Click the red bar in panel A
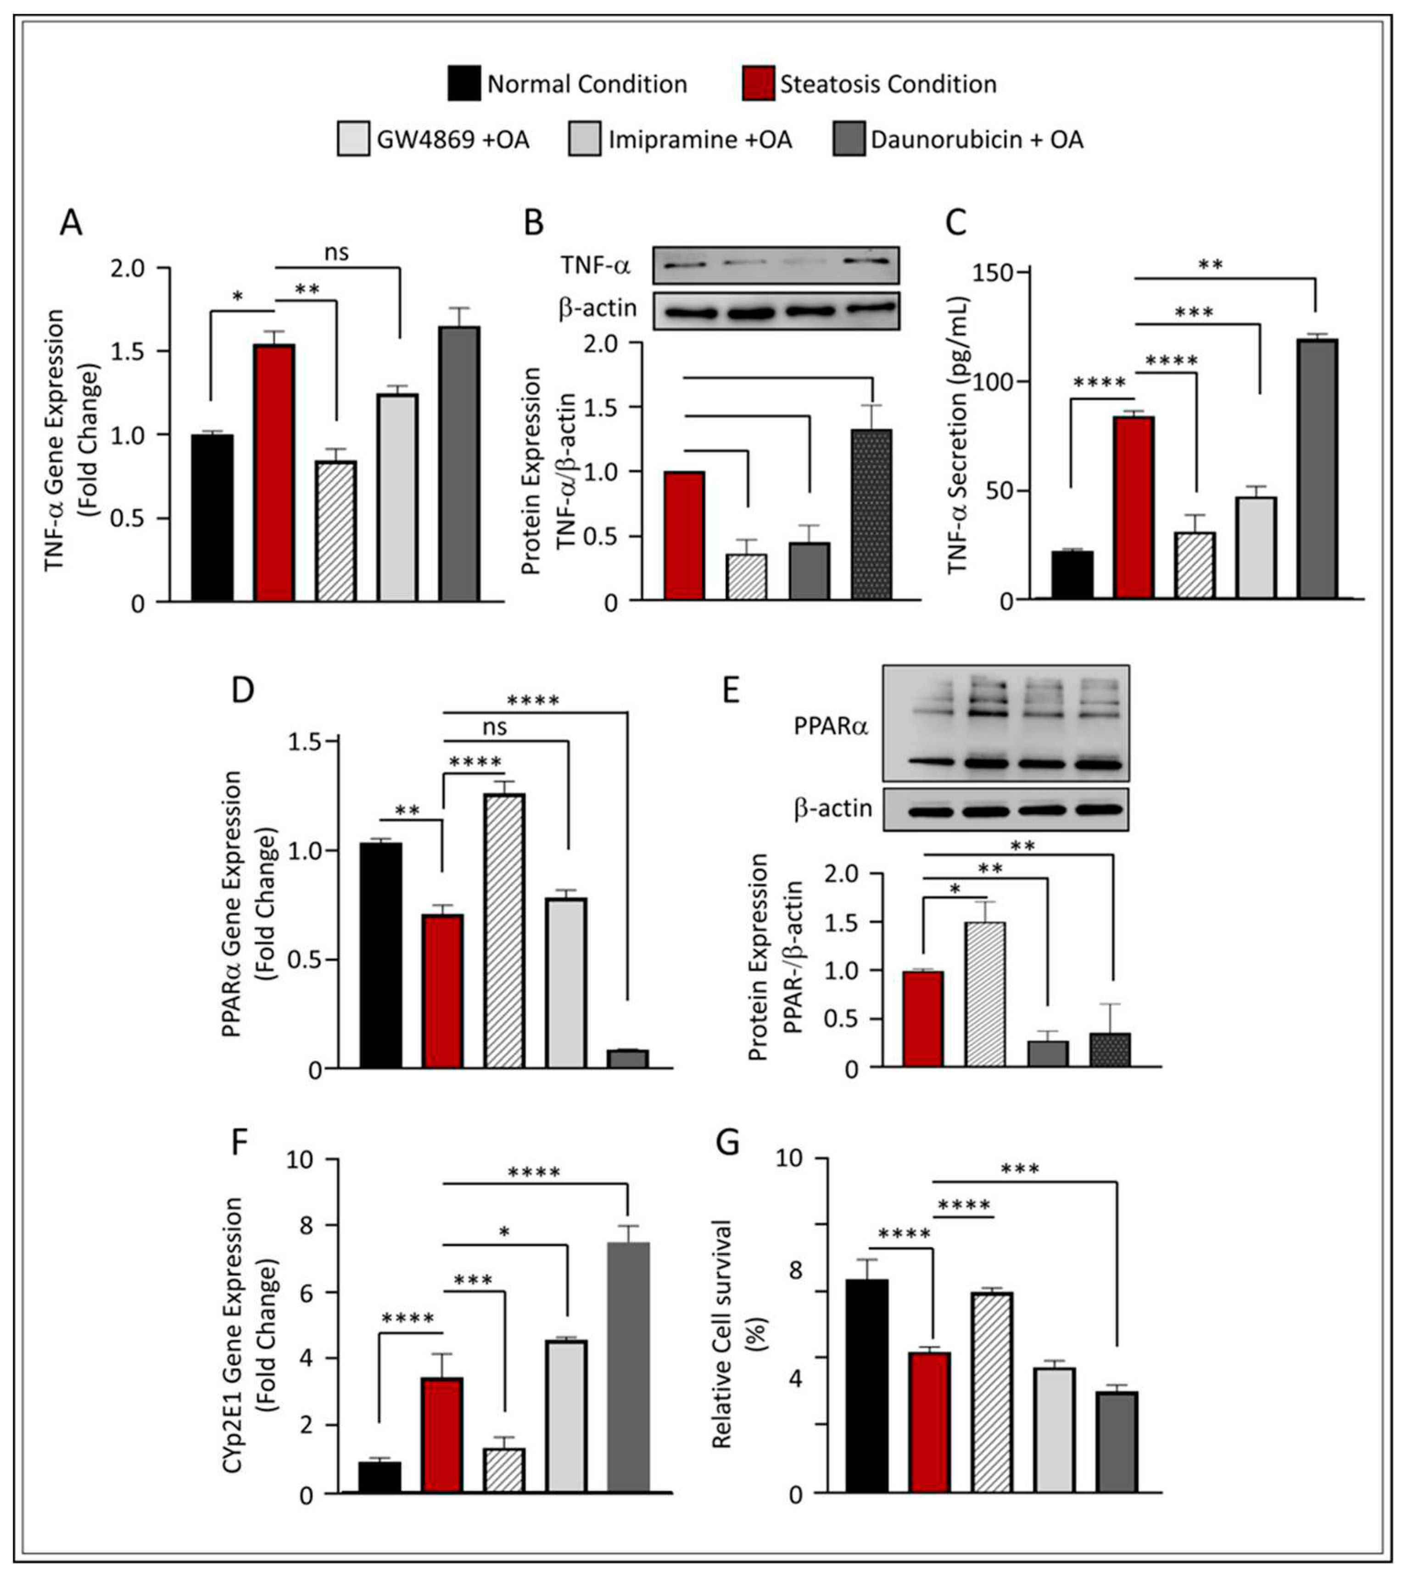[x=274, y=472]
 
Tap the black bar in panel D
[x=380, y=956]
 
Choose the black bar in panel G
[x=866, y=1386]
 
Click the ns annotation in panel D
[x=495, y=728]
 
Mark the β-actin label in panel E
[x=832, y=809]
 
